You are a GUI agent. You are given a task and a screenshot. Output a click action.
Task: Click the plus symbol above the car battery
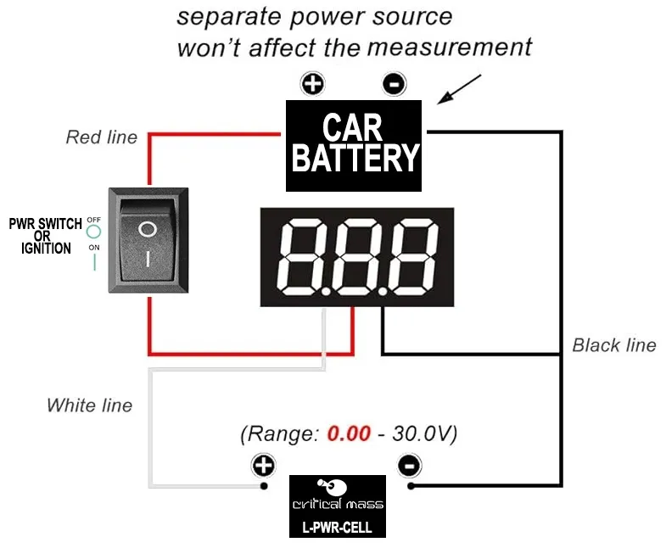pos(314,84)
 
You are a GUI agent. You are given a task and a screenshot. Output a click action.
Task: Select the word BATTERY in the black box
pos(354,159)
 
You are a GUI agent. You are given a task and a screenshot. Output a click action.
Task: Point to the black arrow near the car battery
pos(459,90)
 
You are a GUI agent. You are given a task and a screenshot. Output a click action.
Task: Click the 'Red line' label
pos(101,137)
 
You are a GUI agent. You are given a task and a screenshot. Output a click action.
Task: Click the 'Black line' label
pos(613,345)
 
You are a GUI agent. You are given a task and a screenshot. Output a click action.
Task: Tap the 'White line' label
pos(89,405)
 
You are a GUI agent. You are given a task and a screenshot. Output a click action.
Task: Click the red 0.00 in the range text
pos(349,434)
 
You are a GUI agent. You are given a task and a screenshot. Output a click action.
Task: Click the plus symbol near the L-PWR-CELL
pos(264,466)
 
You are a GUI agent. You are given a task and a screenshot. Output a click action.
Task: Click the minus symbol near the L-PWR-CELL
pos(410,466)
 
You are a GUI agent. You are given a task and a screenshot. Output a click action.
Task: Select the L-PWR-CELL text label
pos(337,527)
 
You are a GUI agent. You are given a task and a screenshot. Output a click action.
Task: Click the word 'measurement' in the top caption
pos(450,47)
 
